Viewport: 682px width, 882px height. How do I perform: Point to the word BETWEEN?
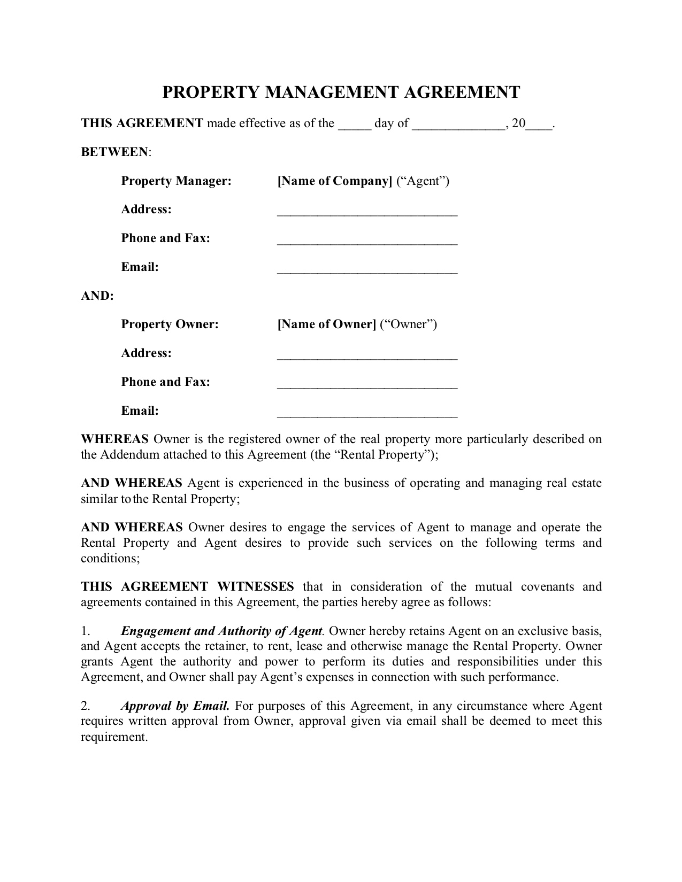[x=114, y=152]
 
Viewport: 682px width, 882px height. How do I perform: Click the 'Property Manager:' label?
[x=176, y=181]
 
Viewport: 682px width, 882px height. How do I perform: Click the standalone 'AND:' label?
[x=97, y=296]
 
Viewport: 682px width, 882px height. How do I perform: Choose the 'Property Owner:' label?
[x=170, y=324]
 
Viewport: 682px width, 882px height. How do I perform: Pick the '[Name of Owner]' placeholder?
[x=327, y=324]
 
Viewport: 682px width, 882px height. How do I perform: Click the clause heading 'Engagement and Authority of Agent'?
[x=221, y=631]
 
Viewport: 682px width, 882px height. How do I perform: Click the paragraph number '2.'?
[x=86, y=706]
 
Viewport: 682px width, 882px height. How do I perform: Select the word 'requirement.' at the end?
[x=113, y=737]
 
